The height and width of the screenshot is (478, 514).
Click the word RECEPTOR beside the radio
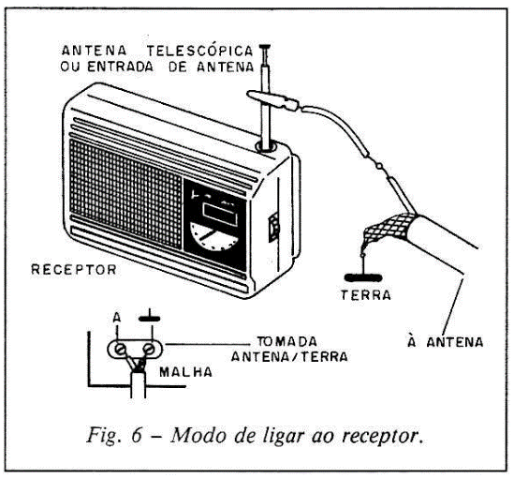point(74,269)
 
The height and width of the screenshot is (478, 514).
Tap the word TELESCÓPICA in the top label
point(200,51)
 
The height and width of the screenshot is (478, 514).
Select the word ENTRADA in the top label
point(120,67)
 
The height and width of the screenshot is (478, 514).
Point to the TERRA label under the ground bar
point(366,295)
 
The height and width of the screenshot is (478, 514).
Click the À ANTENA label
point(446,342)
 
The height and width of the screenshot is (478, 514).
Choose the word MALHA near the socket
point(186,372)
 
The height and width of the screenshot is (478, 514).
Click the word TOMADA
point(287,341)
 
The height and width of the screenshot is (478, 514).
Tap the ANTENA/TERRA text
point(289,356)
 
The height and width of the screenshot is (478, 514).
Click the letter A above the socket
point(117,318)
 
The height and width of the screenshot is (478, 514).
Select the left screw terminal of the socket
point(120,349)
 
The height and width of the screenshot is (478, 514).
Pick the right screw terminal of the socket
point(149,349)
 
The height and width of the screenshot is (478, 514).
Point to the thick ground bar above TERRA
point(363,278)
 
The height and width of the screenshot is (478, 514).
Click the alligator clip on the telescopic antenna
point(273,100)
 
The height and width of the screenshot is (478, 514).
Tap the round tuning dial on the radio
point(214,236)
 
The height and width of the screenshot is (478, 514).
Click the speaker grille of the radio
point(125,194)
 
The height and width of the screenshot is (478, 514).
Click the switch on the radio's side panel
point(274,227)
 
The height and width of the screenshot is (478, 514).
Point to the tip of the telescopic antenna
point(265,46)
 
